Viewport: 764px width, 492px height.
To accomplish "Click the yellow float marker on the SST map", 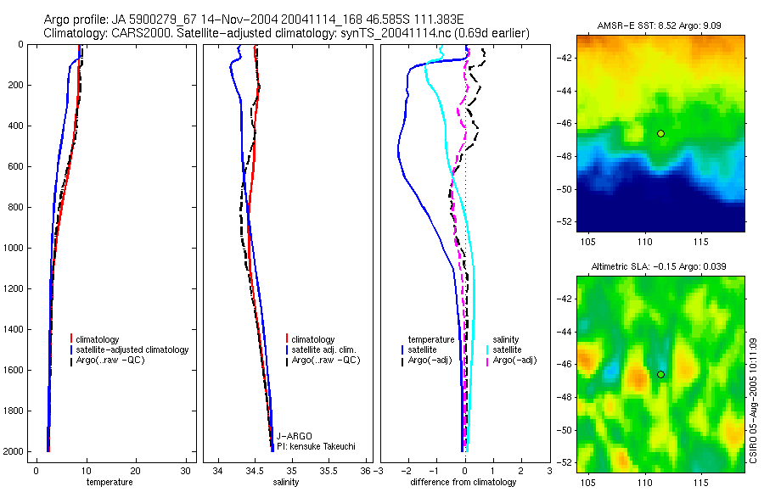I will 660,133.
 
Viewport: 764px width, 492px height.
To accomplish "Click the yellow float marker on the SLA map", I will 660,374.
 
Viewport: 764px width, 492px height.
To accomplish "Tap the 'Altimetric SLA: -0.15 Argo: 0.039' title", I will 660,268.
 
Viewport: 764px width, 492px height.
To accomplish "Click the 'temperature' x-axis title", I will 110,483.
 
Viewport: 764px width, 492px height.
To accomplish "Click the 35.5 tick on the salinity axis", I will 329,469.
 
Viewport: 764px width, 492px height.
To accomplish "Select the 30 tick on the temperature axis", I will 186,469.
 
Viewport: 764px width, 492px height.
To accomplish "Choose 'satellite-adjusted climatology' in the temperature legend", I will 132,349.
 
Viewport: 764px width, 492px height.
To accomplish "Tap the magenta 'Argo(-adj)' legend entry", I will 516,361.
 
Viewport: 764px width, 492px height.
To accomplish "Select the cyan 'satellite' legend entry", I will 508,349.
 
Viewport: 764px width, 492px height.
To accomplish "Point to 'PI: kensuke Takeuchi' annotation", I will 315,446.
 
